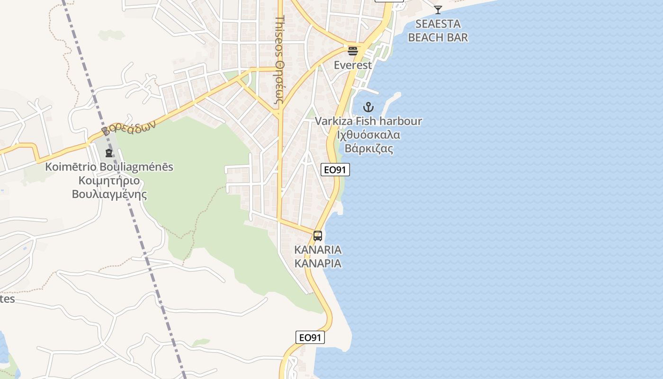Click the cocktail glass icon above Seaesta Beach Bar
coord(438,9)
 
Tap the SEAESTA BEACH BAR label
coord(438,30)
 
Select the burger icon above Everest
coord(352,51)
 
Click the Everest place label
coord(353,65)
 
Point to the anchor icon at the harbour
coord(368,107)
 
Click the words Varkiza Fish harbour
coord(368,121)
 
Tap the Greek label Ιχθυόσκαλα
coord(368,135)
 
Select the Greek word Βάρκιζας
coord(368,148)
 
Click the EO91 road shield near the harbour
coord(335,170)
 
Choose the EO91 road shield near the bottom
coord(310,337)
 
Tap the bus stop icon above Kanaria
coord(317,236)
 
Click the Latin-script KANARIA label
coord(318,250)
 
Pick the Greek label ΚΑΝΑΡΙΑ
coord(318,263)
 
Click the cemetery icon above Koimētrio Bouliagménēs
coord(109,153)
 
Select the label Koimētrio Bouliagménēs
coord(109,167)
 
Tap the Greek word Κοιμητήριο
coord(109,180)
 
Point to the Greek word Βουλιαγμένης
coord(109,194)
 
